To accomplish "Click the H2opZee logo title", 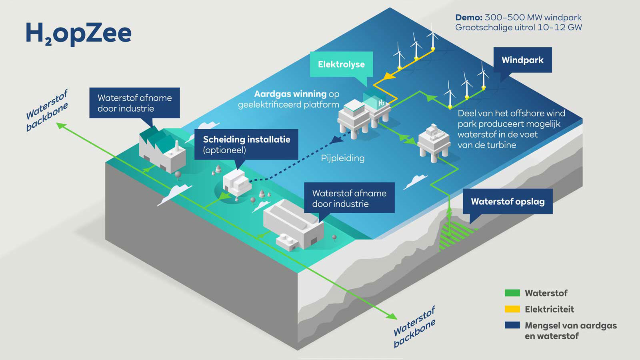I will point(78,34).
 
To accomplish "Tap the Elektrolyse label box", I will point(341,64).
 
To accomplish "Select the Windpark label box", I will point(522,60).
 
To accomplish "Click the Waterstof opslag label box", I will point(508,202).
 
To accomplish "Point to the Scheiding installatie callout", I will point(246,144).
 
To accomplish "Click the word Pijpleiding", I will point(343,158).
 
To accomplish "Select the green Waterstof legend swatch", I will point(512,293).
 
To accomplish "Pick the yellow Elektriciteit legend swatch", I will point(512,309).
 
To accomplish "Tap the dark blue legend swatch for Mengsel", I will point(512,325).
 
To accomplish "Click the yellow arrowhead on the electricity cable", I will point(388,76).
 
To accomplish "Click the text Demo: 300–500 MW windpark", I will point(518,18).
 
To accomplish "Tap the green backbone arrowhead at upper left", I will point(61,126).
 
